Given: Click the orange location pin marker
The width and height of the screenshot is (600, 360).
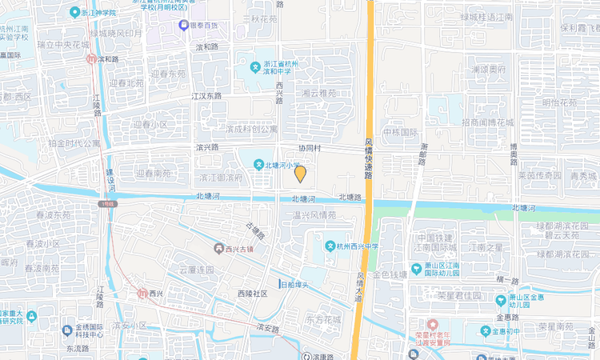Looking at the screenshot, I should coord(300,174).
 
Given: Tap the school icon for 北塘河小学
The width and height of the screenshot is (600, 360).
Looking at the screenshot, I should coord(259,165).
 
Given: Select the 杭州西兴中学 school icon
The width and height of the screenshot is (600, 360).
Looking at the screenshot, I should coord(330,245).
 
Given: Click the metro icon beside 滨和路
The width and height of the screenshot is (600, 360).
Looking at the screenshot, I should coord(92,59).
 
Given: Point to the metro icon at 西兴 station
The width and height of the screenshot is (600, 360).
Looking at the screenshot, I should coord(142,294).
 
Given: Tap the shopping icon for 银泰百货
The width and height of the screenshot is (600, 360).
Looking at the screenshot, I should coord(183,26).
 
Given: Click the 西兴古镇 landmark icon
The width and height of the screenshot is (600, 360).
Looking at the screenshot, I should coord(218,249).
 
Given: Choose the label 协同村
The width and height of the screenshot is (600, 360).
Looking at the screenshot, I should coord(310,149).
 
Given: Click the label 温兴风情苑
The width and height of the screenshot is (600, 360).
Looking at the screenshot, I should coord(314,215).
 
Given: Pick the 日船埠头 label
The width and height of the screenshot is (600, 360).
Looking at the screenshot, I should coord(294,284).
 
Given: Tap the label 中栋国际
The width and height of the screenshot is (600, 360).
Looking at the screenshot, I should coord(401,132).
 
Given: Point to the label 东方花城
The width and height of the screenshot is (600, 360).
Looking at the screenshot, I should coord(323,319).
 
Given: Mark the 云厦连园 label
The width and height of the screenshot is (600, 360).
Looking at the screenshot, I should coord(197,270).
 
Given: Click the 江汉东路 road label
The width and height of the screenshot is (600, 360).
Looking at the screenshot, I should coord(206,96).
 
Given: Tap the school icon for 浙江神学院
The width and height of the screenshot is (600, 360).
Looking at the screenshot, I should coord(74,13).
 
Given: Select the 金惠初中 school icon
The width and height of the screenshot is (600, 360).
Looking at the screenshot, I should coord(485,330).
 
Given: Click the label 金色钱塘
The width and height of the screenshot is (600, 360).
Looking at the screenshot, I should coord(389,274).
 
